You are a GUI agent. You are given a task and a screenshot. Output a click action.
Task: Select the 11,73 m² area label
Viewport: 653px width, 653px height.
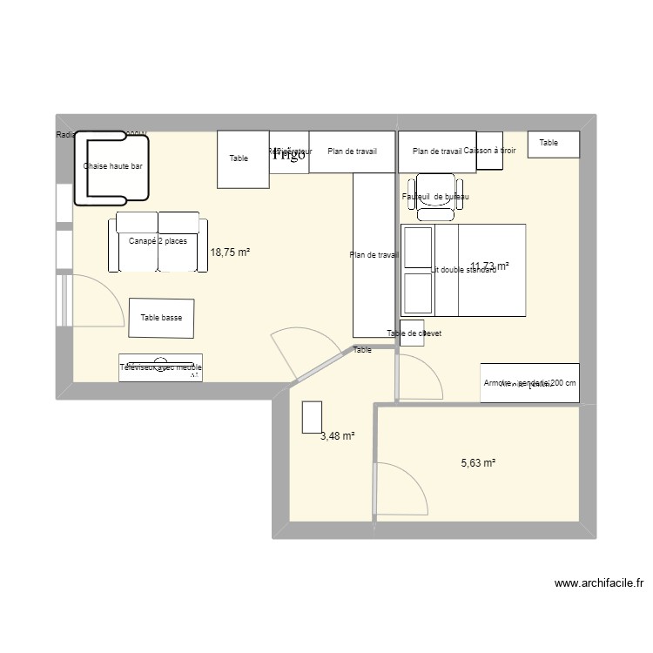489,266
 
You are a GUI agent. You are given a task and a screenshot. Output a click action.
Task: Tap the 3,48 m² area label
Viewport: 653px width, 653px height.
337,436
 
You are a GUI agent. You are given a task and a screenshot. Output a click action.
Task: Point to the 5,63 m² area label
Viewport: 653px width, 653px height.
478,463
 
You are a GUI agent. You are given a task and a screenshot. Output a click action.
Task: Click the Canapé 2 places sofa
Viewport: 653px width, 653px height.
158,242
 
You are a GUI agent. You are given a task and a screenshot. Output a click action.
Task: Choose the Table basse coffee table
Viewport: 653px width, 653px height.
161,318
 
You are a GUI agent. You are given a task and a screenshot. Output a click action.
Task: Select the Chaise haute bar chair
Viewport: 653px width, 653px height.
112,166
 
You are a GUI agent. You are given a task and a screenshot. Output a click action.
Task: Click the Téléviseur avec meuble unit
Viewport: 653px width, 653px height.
161,367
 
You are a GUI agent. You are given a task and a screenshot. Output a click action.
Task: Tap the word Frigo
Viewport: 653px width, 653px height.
289,155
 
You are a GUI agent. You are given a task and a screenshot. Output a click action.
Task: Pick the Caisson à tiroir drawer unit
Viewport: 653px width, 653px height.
489,151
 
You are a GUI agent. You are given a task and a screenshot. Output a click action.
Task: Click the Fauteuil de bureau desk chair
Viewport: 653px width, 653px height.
435,198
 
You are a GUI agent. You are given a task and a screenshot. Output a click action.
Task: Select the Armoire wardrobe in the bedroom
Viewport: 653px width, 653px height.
529,383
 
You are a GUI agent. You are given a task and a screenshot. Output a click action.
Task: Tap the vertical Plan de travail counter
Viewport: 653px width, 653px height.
374,254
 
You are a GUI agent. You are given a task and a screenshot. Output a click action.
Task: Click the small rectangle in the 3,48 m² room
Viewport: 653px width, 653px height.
312,417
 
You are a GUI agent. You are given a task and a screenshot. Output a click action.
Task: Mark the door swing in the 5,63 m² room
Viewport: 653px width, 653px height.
403,489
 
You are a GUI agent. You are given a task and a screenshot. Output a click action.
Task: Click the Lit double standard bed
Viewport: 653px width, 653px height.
463,270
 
